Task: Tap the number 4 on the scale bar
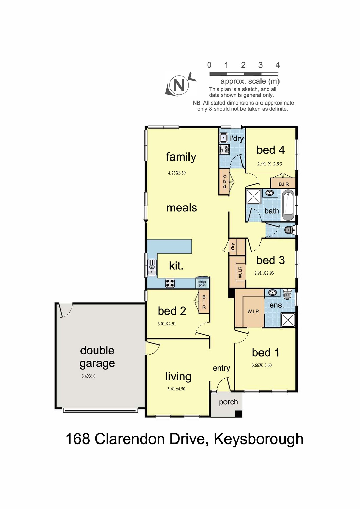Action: [277, 65]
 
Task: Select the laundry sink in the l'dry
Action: [224, 138]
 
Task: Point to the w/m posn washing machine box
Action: [224, 149]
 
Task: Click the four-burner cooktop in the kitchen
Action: [170, 283]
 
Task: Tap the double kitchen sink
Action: [152, 267]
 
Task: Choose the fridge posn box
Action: [202, 283]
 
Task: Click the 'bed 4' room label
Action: [270, 150]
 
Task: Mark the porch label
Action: [228, 402]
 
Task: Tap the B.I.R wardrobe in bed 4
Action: [283, 183]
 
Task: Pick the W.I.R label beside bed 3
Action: [240, 272]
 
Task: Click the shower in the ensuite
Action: [288, 320]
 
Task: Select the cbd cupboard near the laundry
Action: [224, 182]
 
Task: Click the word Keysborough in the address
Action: [258, 439]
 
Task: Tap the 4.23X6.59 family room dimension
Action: [177, 173]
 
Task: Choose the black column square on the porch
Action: [238, 414]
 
